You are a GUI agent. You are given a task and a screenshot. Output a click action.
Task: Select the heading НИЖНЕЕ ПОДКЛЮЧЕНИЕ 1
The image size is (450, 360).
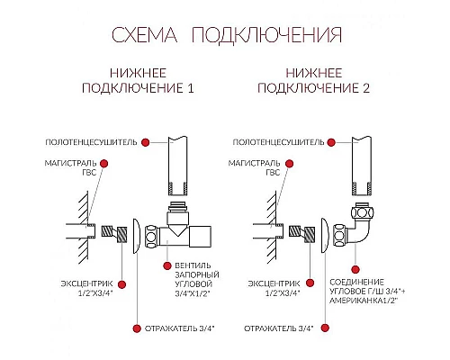(x=139, y=80)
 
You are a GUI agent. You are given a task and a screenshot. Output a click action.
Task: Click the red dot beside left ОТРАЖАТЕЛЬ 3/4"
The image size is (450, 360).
(x=136, y=328)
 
